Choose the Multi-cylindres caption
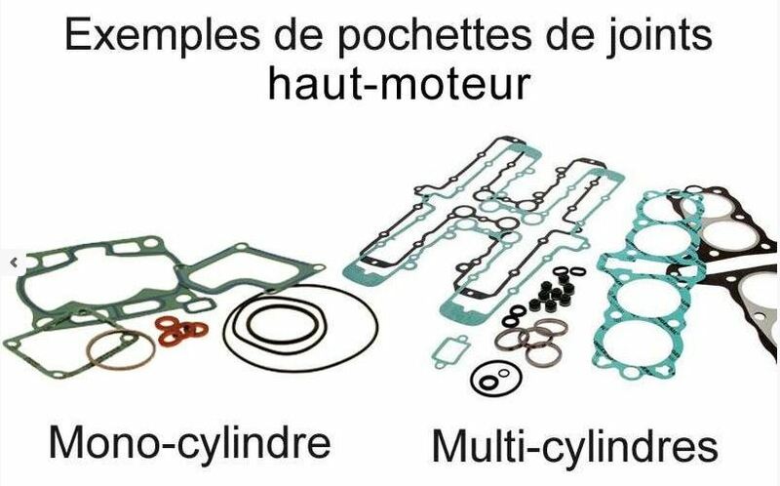tap(574, 447)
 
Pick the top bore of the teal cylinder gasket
tap(655, 217)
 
